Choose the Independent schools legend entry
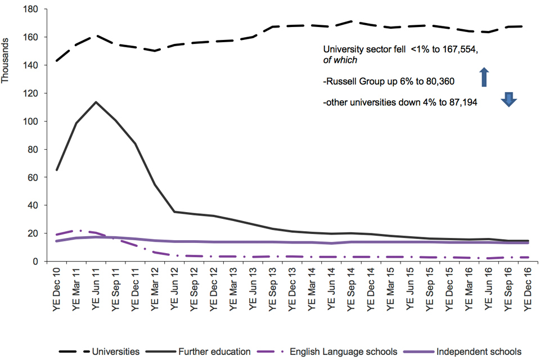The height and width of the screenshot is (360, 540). click(479, 352)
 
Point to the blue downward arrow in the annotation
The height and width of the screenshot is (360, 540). click(508, 100)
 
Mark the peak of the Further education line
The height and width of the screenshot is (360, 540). click(96, 102)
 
